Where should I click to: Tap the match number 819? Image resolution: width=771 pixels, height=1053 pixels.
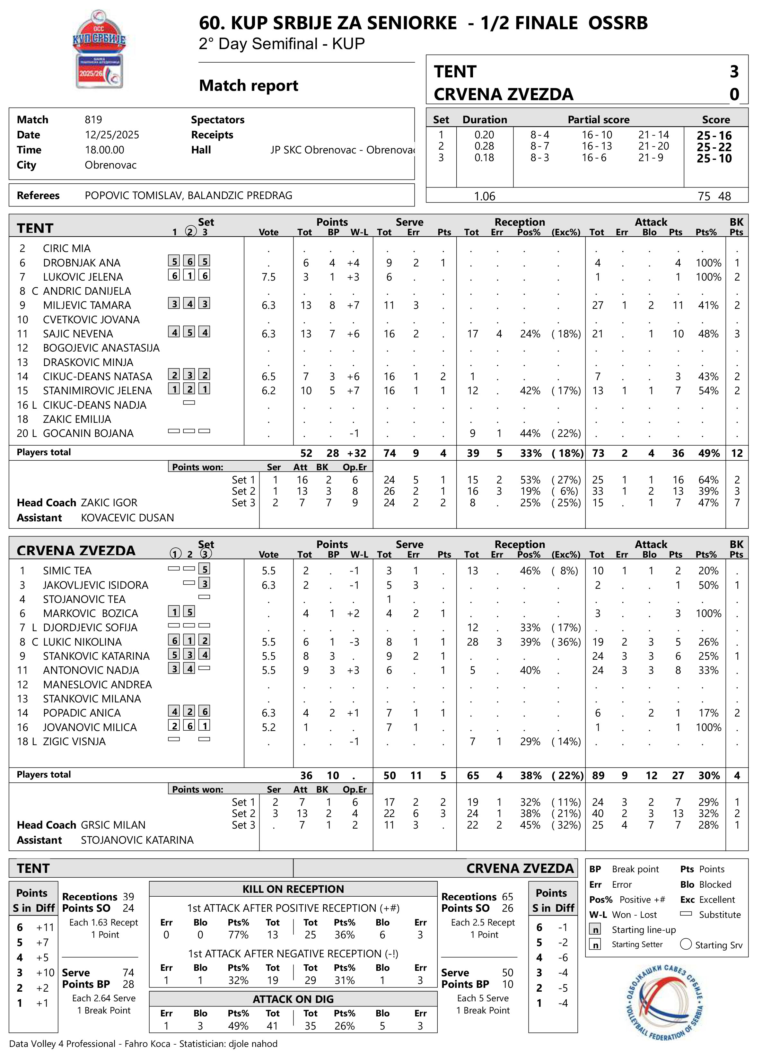[93, 119]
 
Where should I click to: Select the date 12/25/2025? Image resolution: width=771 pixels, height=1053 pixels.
[112, 135]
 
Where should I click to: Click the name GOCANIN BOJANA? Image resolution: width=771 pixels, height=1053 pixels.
[88, 433]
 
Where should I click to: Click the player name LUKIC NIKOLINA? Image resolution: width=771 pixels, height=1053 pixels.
[82, 642]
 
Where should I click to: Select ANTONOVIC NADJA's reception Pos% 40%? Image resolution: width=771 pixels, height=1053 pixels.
[530, 670]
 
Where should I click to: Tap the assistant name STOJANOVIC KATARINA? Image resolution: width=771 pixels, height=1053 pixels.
[137, 840]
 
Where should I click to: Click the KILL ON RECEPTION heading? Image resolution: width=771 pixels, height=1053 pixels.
[293, 889]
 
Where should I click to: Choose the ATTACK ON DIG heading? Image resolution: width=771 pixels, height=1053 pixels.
[293, 999]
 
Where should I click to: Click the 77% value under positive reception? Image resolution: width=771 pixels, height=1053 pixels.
[238, 935]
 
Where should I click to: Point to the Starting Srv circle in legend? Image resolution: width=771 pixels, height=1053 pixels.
[686, 944]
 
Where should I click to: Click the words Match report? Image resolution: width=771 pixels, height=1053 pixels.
[248, 85]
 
